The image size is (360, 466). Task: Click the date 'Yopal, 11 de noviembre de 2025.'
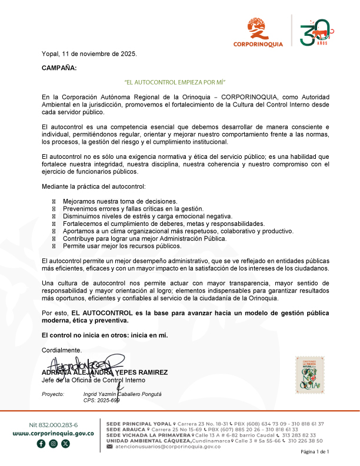pyautogui.click(x=89, y=54)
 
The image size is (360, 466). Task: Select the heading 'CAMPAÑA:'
pyautogui.click(x=59, y=68)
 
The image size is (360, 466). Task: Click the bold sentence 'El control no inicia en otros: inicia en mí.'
pyautogui.click(x=105, y=335)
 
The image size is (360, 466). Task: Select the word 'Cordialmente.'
pyautogui.click(x=62, y=349)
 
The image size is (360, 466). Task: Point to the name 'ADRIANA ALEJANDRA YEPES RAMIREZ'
pyautogui.click(x=105, y=372)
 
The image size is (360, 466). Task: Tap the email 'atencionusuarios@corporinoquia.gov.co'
pyautogui.click(x=167, y=447)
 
